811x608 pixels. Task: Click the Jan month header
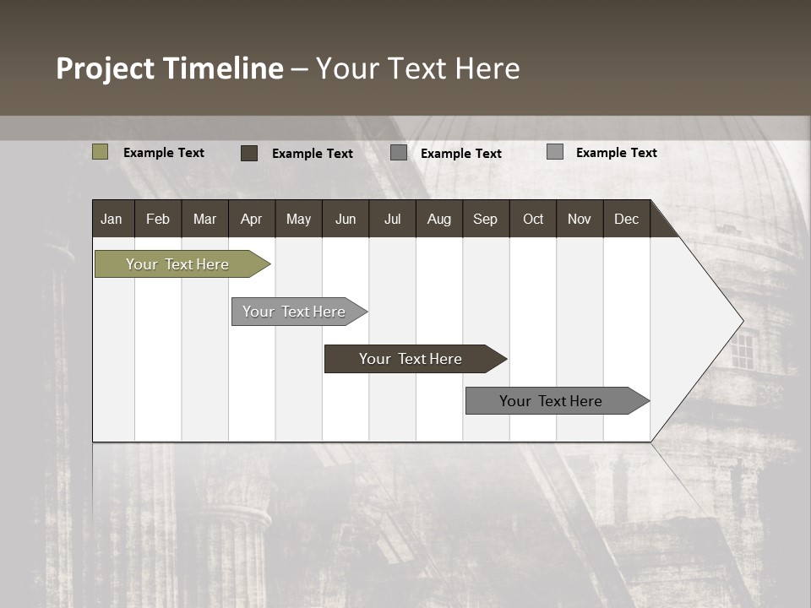112,219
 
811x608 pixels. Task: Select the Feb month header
158,219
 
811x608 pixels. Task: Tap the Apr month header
251,219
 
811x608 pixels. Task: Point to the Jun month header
345,219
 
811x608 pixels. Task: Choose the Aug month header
438,219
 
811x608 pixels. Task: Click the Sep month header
485,219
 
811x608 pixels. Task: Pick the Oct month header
532,219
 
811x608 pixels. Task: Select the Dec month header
626,219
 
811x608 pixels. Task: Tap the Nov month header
579,219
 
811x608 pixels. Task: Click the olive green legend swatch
100,152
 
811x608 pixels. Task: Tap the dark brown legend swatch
248,153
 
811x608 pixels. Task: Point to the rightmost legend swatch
554,152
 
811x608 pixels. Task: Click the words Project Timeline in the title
169,68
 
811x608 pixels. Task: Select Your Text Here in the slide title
417,68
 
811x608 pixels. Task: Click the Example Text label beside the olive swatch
164,153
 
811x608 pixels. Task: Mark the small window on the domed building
742,351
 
